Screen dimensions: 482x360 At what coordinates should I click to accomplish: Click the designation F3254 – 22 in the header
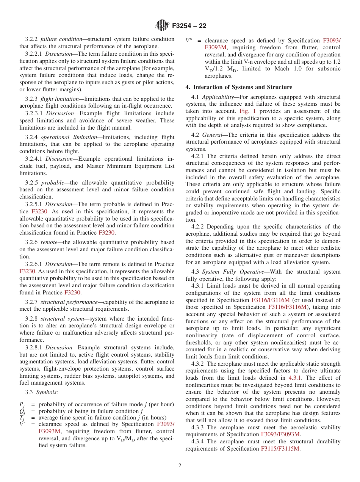tap(189, 26)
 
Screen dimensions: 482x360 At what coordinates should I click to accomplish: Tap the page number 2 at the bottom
tap(180, 466)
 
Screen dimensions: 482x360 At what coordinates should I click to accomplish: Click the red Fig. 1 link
tap(248, 111)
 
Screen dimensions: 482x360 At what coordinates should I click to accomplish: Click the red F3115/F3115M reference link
tap(280, 449)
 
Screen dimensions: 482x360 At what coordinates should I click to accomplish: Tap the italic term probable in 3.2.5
tap(53, 183)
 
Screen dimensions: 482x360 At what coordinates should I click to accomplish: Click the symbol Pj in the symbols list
tap(22, 405)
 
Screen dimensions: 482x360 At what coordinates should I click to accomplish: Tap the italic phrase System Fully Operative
tap(231, 272)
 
